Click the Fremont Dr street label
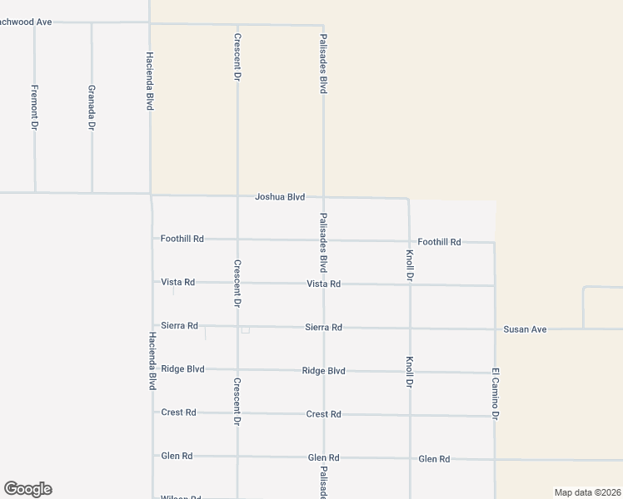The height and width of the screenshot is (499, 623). pyautogui.click(x=34, y=106)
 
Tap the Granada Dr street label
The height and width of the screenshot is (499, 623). pyautogui.click(x=92, y=107)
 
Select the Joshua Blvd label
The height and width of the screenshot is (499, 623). pyautogui.click(x=280, y=197)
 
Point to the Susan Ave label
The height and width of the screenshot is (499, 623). pyautogui.click(x=525, y=329)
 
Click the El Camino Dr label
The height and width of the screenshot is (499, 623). pyautogui.click(x=495, y=393)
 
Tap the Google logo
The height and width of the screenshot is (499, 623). pyautogui.click(x=27, y=489)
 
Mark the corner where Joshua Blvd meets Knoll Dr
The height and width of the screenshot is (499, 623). pyautogui.click(x=408, y=199)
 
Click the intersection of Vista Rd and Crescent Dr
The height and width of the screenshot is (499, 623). pyautogui.click(x=237, y=283)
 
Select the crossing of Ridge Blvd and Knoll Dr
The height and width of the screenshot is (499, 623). pyautogui.click(x=410, y=372)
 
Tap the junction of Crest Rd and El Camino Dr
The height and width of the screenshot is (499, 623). pyautogui.click(x=495, y=416)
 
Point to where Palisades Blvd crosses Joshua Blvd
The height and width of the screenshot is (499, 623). pyautogui.click(x=323, y=198)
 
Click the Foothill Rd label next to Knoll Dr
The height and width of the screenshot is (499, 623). pyautogui.click(x=439, y=242)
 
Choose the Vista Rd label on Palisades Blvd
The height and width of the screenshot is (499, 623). pyautogui.click(x=323, y=284)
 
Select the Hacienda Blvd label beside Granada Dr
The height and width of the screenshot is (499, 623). pyautogui.click(x=150, y=81)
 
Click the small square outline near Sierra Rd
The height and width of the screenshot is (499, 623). pyautogui.click(x=245, y=330)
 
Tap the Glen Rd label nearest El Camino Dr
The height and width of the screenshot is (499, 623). pyautogui.click(x=434, y=458)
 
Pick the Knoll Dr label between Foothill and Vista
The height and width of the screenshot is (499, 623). pyautogui.click(x=409, y=264)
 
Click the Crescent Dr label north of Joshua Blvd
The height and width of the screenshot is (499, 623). pyautogui.click(x=237, y=57)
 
